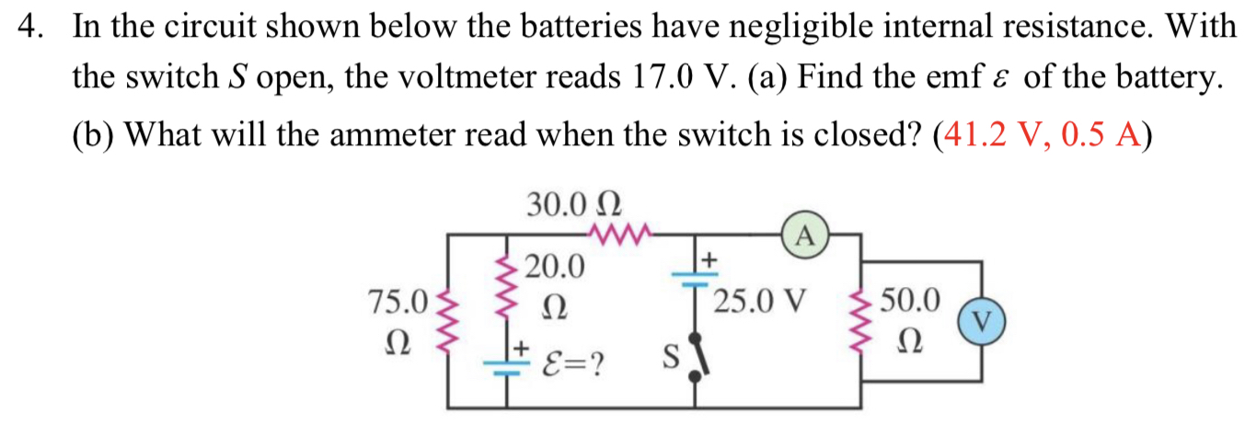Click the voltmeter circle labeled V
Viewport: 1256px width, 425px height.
click(981, 320)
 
